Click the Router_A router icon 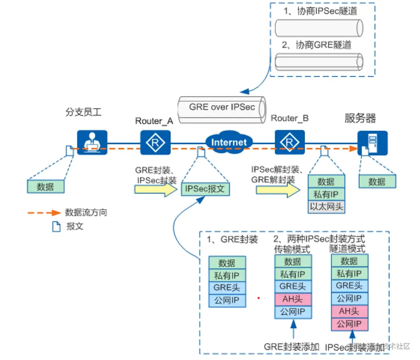click(155, 142)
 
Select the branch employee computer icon click(92, 142)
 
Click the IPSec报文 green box click(205, 189)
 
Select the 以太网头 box click(326, 207)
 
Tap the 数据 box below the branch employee click(45, 186)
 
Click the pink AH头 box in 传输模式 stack click(293, 299)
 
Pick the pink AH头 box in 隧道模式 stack click(349, 311)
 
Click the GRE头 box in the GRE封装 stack click(227, 287)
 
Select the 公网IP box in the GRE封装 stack click(227, 300)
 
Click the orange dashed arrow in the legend click(44, 213)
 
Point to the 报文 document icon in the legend click(56, 226)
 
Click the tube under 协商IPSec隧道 click(319, 28)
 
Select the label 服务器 click(360, 118)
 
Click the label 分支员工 click(84, 112)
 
